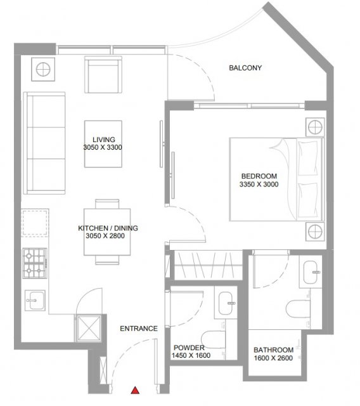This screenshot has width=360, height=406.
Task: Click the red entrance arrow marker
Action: [x=135, y=390]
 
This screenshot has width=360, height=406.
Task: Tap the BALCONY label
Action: [x=245, y=68]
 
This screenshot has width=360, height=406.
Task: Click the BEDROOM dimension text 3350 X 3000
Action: [x=259, y=185]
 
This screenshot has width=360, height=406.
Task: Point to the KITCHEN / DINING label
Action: [x=108, y=228]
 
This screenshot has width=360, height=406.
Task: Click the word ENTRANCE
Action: [x=139, y=329]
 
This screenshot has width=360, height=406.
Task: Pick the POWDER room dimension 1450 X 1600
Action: [x=191, y=355]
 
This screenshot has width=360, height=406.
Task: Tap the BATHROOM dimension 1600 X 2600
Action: [x=273, y=358]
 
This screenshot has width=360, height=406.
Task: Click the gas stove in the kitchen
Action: [x=35, y=263]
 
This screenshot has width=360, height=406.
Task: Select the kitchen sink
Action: [x=35, y=300]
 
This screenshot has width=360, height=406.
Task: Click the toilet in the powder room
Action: [x=213, y=339]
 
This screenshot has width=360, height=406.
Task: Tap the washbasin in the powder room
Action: [x=226, y=303]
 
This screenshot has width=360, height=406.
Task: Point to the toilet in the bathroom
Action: [x=298, y=308]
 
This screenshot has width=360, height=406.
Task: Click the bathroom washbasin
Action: [x=311, y=272]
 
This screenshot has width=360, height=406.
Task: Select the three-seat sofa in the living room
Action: [x=44, y=143]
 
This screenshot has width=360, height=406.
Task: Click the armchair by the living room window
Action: [x=103, y=75]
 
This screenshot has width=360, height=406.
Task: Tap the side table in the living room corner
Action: [x=43, y=69]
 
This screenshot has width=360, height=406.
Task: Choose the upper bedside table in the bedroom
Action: [x=315, y=128]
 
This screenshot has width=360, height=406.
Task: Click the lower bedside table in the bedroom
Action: [x=315, y=231]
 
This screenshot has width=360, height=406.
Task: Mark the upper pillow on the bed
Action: [x=308, y=158]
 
